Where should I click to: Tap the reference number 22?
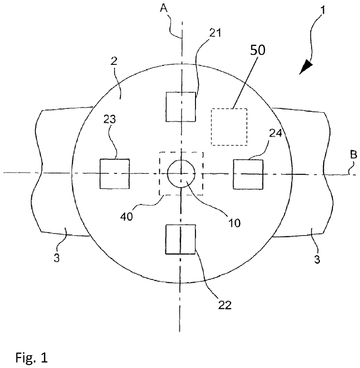pos(225,305)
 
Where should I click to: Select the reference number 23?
pos(109,120)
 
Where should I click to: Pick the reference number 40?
pos(127,216)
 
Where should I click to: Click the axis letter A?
pos(164,8)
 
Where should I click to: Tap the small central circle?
pos(181,174)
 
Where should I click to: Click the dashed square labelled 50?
pos(229,127)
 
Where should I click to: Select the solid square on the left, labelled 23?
pos(114,174)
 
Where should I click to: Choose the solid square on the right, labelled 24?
pos(248,174)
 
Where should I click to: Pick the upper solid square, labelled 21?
pos(181,107)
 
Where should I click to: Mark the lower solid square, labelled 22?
pos(180,239)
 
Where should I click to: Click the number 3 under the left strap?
pos(57,258)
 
